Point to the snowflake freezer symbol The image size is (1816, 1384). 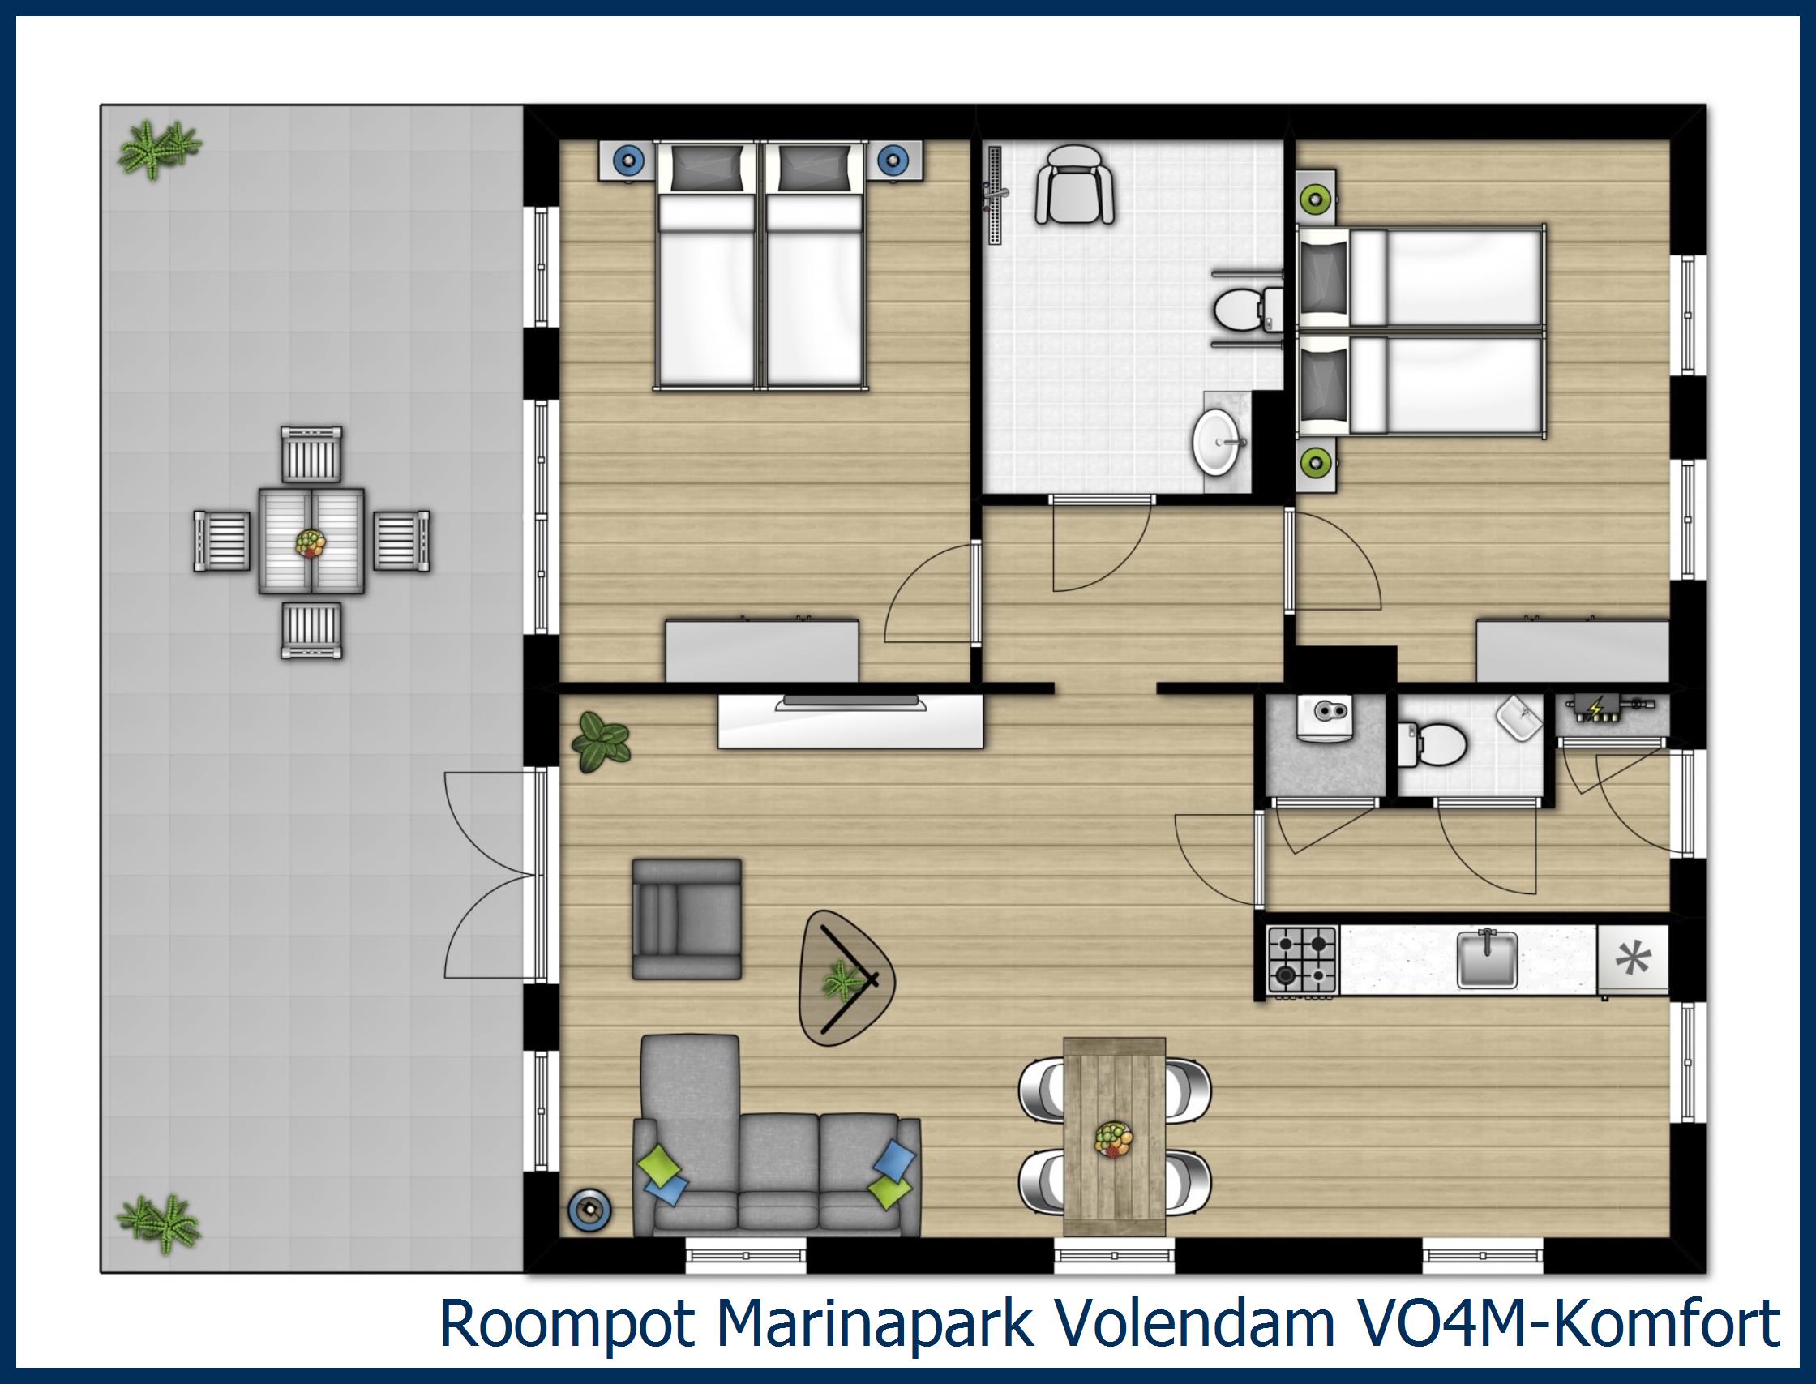[1633, 959]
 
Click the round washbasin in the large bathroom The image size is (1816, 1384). [1217, 443]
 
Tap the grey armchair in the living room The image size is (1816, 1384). [687, 919]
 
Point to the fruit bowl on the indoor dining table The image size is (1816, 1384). [1113, 1139]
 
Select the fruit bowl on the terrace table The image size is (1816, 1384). [311, 542]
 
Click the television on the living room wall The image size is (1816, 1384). [850, 702]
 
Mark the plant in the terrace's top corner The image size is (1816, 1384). [159, 150]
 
